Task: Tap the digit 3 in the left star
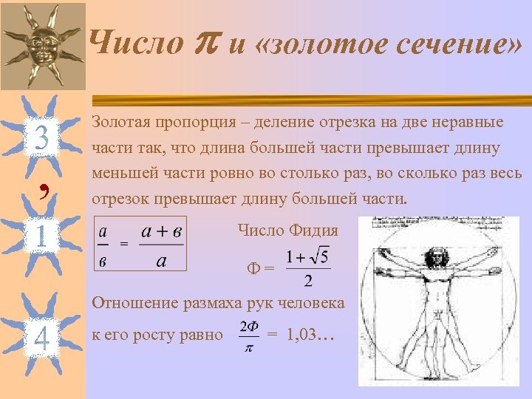tap(41, 137)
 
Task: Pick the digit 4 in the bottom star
tap(42, 338)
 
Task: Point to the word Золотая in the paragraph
tap(121, 122)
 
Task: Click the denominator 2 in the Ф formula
tap(307, 281)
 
